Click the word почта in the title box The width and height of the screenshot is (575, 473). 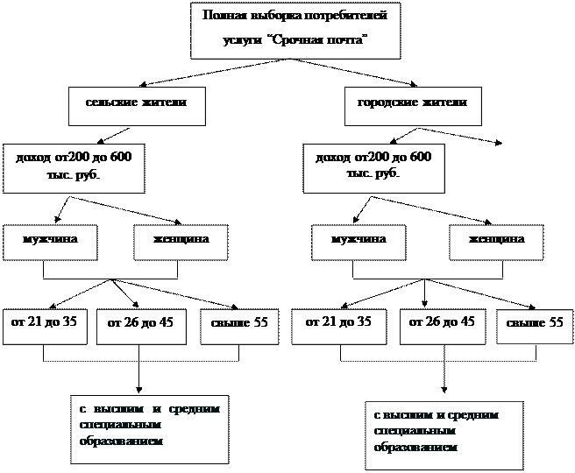(348, 41)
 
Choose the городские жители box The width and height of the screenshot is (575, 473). (412, 103)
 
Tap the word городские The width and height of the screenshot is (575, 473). (386, 103)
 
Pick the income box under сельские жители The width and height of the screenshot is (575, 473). (73, 166)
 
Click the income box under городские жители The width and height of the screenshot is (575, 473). (373, 166)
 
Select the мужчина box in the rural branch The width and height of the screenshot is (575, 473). (49, 240)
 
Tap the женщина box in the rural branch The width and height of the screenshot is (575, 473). (181, 240)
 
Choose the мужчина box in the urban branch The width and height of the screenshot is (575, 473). (358, 240)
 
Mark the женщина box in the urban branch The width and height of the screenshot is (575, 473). (497, 240)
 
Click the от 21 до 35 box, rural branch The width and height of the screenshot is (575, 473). (44, 324)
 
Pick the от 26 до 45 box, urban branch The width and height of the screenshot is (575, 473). (443, 324)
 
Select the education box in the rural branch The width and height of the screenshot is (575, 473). (149, 428)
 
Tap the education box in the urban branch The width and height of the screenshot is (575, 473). (444, 434)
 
